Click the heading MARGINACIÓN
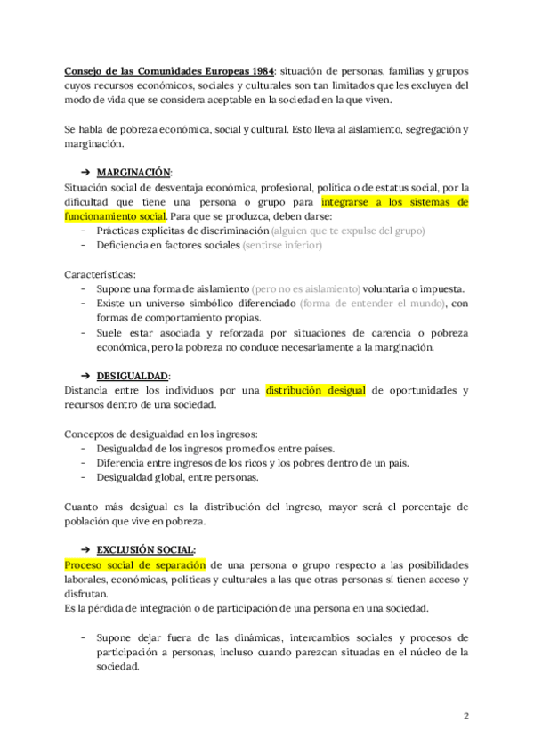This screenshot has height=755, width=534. pyautogui.click(x=134, y=172)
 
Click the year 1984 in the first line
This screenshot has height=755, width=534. pyautogui.click(x=257, y=70)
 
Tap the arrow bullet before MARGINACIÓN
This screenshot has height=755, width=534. pyautogui.click(x=85, y=172)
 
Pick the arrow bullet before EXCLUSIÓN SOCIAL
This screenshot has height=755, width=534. pyautogui.click(x=85, y=549)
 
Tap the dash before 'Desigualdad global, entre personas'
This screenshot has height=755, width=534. pyautogui.click(x=84, y=477)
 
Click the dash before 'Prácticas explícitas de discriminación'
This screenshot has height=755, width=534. pyautogui.click(x=84, y=231)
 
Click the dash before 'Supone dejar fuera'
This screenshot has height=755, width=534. pyautogui.click(x=84, y=637)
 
